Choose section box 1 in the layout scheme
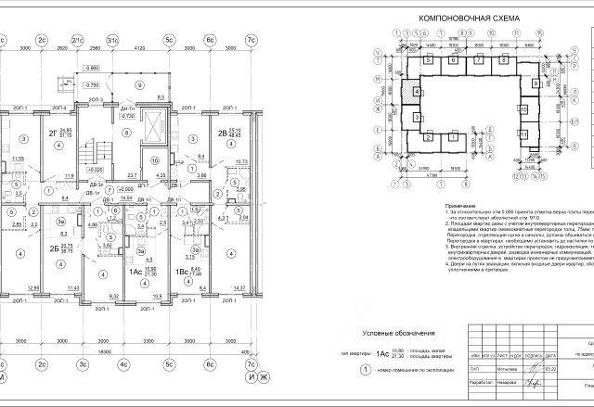point(430,134)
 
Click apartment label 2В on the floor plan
point(223,133)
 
